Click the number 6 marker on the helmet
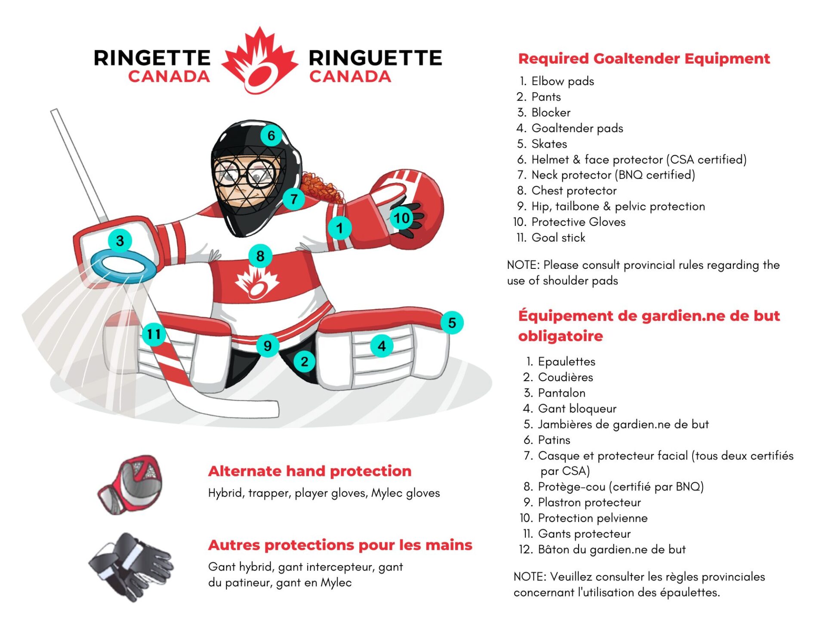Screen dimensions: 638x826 click(271, 136)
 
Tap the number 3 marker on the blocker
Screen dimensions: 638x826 click(120, 241)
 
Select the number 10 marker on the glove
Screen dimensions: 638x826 click(402, 218)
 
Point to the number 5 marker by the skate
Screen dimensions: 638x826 click(452, 323)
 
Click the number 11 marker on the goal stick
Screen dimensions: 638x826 click(154, 334)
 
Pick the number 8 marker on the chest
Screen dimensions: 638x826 click(260, 256)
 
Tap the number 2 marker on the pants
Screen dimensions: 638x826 click(305, 362)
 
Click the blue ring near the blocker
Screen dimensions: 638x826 click(123, 267)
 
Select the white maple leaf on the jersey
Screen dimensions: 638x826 click(257, 282)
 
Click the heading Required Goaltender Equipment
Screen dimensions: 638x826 click(644, 59)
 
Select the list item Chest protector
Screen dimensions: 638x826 click(573, 191)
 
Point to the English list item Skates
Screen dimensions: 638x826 click(549, 144)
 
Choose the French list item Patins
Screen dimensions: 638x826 click(554, 440)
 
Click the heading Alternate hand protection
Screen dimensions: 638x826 click(310, 471)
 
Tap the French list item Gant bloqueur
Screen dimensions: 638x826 click(577, 409)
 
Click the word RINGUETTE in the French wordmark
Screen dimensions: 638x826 click(375, 58)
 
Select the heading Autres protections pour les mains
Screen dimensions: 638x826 click(340, 545)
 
